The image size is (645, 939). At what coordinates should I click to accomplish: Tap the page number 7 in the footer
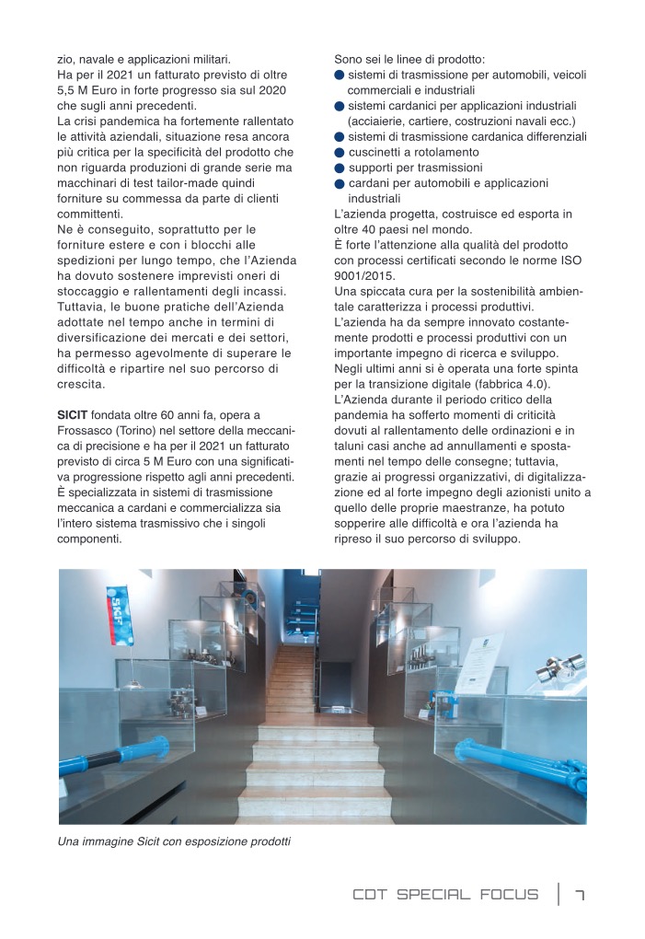[x=580, y=895]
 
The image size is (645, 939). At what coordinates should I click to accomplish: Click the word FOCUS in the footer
[x=508, y=895]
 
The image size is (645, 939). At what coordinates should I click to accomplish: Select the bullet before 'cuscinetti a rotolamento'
[x=340, y=152]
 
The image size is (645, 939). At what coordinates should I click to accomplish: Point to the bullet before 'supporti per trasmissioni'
[x=340, y=168]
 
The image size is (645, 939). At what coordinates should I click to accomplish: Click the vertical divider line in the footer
[x=558, y=895]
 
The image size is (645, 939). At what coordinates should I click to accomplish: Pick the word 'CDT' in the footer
[x=371, y=895]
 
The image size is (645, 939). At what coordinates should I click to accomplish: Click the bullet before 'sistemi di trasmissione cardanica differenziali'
[x=340, y=136]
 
